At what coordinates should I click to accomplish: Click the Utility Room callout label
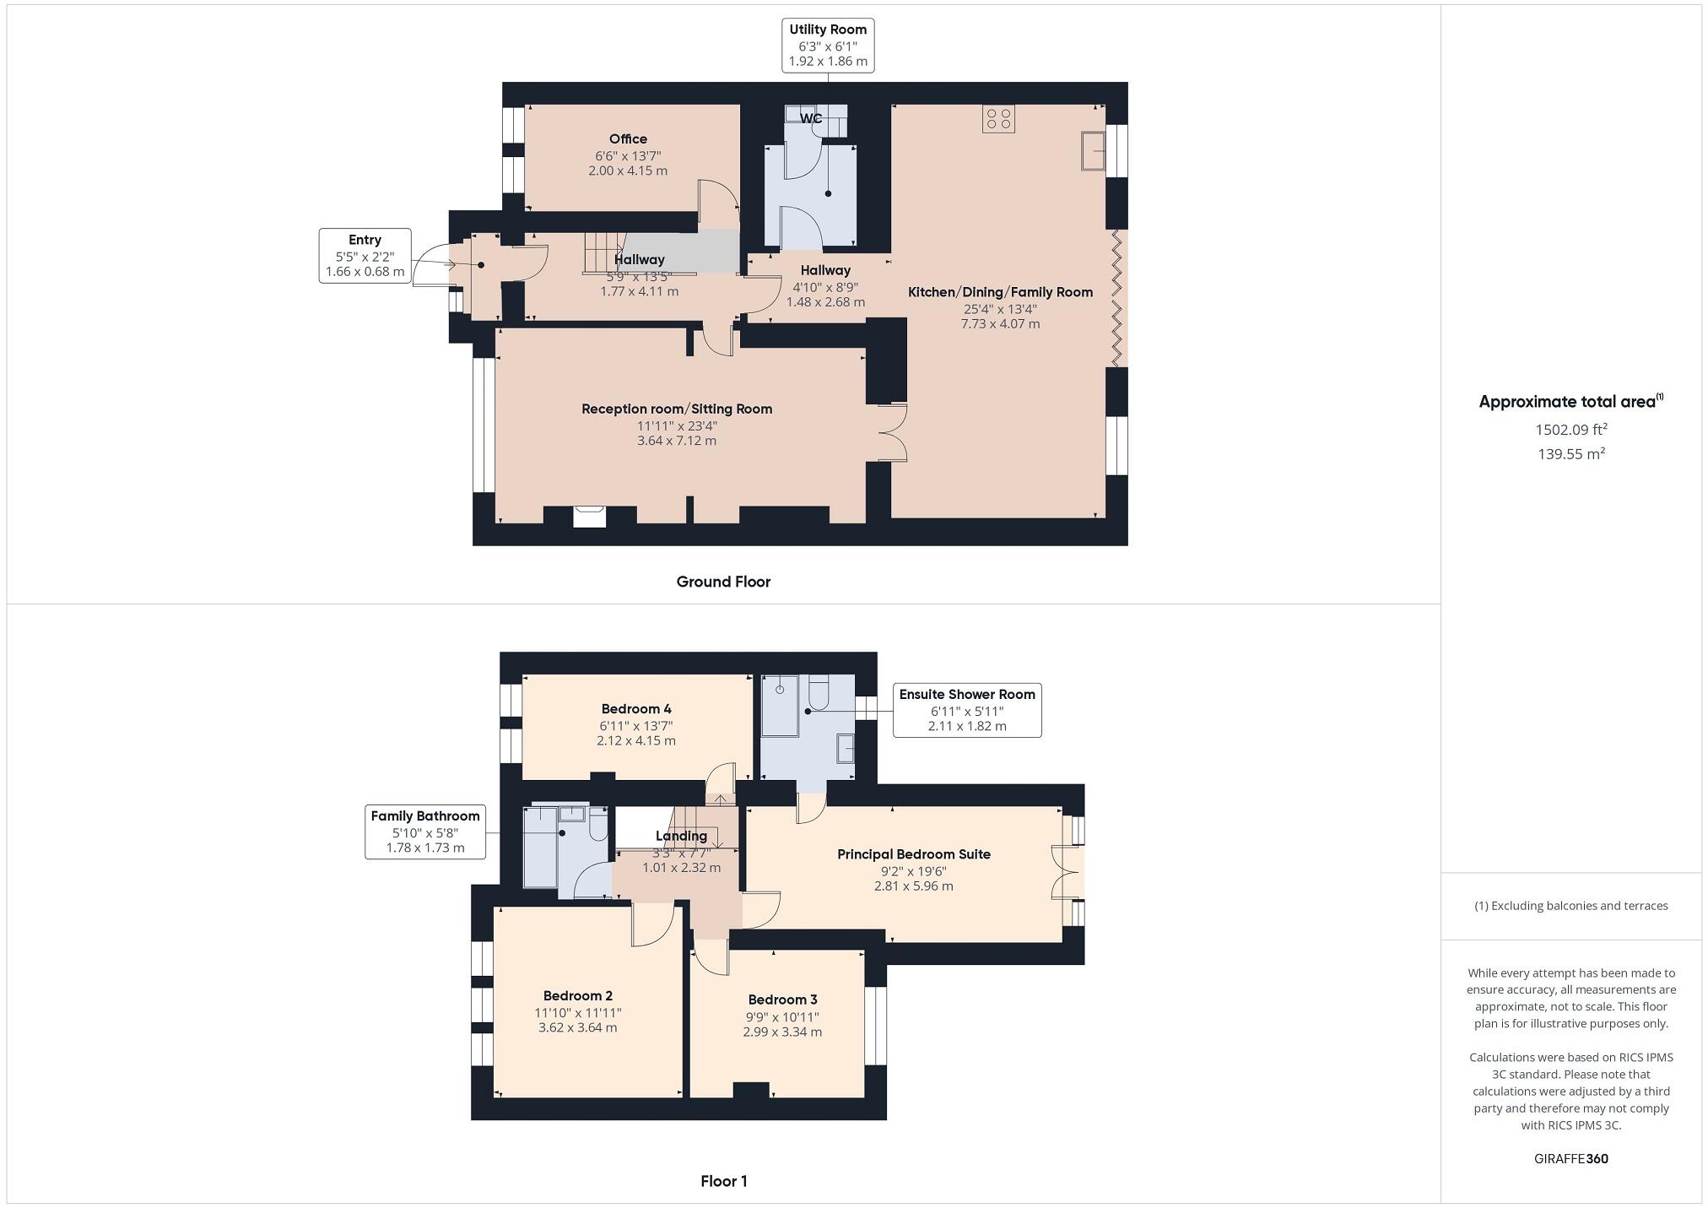tap(827, 46)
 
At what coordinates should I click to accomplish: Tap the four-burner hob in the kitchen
tap(998, 119)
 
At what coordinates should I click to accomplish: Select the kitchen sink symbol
tap(1094, 151)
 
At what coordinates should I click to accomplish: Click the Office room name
tap(628, 139)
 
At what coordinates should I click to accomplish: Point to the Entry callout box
tap(365, 255)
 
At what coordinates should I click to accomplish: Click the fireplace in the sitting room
tap(589, 516)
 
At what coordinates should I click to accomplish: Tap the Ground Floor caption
tap(723, 582)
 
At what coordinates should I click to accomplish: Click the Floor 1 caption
tap(723, 1181)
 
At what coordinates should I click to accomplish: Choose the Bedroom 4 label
tap(636, 709)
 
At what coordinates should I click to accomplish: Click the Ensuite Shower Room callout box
tap(967, 710)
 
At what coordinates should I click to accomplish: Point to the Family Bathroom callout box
tap(425, 832)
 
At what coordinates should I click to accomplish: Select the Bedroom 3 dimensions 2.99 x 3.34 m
tap(781, 1032)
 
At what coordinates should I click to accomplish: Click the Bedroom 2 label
tap(577, 996)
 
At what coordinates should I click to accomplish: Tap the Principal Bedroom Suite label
tap(913, 854)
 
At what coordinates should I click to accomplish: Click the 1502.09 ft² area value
tap(1570, 429)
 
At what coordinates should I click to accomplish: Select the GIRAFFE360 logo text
tap(1570, 1158)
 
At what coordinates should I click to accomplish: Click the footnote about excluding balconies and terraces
tap(1570, 906)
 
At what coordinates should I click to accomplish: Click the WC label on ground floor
tap(811, 118)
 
